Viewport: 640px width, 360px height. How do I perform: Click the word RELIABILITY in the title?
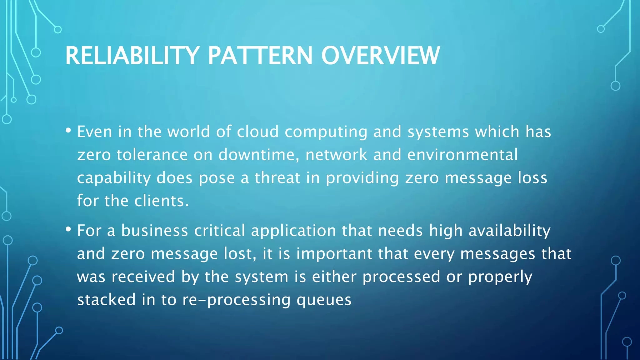tap(132, 56)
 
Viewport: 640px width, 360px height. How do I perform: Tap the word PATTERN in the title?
tap(260, 56)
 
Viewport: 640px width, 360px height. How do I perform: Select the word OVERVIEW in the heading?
tap(380, 56)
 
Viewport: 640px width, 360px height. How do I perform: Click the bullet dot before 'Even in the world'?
tap(68, 131)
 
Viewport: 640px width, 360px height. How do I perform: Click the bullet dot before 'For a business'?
tap(68, 230)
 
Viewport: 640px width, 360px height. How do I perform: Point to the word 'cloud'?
tap(257, 132)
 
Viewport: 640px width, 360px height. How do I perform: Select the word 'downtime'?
tap(256, 155)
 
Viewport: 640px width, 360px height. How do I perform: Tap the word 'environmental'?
tap(462, 155)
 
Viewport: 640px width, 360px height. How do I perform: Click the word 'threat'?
tap(277, 178)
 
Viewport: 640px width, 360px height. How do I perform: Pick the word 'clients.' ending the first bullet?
tap(162, 201)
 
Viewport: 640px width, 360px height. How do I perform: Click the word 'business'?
tap(154, 231)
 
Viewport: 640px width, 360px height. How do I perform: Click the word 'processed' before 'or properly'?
tap(401, 277)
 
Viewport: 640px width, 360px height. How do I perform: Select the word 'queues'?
tap(324, 300)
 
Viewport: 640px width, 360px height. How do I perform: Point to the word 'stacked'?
tap(106, 300)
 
